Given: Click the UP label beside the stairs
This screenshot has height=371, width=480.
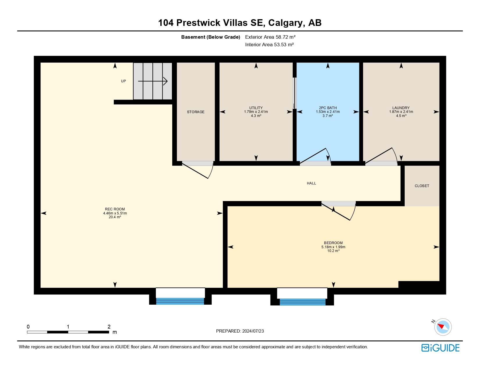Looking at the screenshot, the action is pyautogui.click(x=123, y=81).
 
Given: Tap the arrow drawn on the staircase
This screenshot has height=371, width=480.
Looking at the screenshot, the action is pyautogui.click(x=153, y=81).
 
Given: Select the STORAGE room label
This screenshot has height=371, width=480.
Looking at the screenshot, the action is pyautogui.click(x=196, y=112).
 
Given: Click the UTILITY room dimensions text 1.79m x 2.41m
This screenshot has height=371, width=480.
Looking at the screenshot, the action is pyautogui.click(x=256, y=112).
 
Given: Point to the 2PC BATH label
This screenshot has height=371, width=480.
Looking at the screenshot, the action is pyautogui.click(x=328, y=108).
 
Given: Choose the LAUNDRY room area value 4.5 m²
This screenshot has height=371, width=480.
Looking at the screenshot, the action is pyautogui.click(x=401, y=116).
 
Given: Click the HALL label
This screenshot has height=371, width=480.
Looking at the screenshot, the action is pyautogui.click(x=311, y=183).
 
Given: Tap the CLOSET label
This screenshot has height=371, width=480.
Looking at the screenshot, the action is pyautogui.click(x=422, y=186).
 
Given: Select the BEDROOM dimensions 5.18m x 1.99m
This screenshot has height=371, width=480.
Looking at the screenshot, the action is pyautogui.click(x=333, y=247).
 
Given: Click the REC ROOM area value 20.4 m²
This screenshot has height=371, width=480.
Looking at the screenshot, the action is pyautogui.click(x=115, y=217).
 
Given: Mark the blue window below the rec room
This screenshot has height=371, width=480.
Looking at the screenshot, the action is pyautogui.click(x=180, y=301).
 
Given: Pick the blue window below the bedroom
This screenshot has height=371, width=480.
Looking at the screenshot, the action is pyautogui.click(x=303, y=302).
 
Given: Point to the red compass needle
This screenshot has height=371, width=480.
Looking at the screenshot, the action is pyautogui.click(x=441, y=326).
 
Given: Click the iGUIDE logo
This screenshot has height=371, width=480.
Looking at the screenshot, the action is pyautogui.click(x=440, y=348).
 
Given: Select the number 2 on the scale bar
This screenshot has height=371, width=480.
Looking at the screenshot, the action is pyautogui.click(x=109, y=326).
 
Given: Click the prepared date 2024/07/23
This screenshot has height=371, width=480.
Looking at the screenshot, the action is pyautogui.click(x=253, y=331).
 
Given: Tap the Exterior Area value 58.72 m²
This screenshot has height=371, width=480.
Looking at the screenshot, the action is pyautogui.click(x=286, y=37).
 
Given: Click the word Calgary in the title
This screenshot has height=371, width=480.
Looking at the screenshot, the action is pyautogui.click(x=285, y=23).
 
